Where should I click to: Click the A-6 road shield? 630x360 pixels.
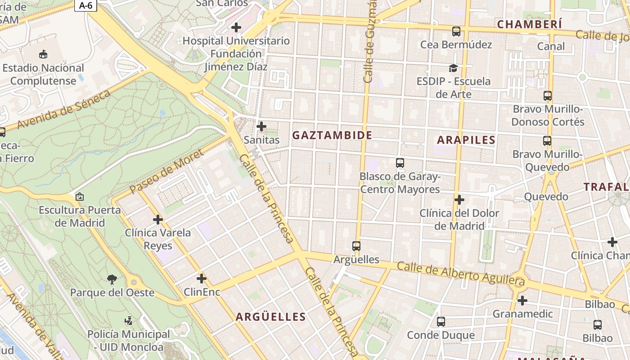point(85,5)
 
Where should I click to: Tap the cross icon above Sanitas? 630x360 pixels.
point(261,126)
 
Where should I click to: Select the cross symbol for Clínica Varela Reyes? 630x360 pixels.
point(158,220)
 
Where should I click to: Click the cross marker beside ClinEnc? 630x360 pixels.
point(202,279)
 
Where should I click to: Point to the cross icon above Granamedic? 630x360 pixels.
point(522,300)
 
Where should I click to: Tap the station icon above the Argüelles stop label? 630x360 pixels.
point(356,246)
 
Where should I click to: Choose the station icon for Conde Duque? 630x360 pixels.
point(441,322)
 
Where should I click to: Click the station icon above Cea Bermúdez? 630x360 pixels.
point(456,31)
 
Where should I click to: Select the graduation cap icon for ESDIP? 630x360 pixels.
point(453,68)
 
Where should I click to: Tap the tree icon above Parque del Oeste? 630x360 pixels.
point(112,279)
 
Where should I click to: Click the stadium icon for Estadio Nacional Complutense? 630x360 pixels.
point(43,54)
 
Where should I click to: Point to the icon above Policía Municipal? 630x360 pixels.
point(129,321)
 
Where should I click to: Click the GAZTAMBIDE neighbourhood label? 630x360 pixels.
point(333,135)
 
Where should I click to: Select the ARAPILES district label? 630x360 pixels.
point(466,139)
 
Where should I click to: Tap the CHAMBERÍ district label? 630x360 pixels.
point(530,24)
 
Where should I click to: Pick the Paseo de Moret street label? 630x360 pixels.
point(166,171)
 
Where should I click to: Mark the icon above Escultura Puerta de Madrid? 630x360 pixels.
point(80,197)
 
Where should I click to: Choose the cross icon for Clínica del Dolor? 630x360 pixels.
point(459,199)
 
